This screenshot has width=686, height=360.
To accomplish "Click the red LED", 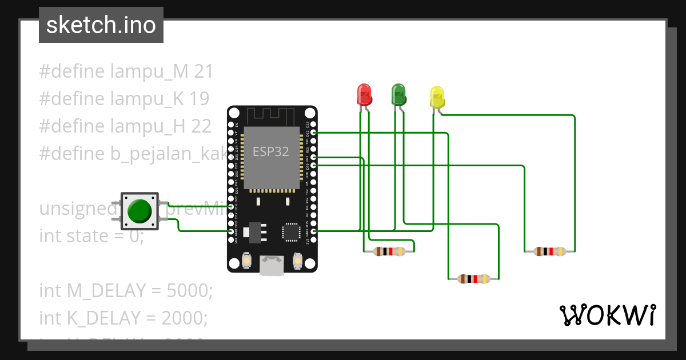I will click(364, 94).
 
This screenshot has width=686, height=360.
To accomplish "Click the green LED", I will click(398, 94).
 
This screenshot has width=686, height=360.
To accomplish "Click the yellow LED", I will click(437, 97).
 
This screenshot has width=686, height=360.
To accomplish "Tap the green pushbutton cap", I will click(139, 210).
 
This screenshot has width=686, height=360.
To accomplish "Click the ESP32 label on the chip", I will click(271, 152).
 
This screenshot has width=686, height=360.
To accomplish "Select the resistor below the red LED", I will click(389, 251).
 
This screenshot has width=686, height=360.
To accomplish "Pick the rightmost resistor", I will click(549, 251).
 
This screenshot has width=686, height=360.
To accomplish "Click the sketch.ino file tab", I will click(101, 26).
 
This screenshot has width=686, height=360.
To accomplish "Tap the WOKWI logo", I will click(607, 315).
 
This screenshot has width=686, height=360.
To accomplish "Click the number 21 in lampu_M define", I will click(204, 72).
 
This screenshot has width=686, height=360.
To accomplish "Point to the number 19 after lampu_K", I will click(200, 99).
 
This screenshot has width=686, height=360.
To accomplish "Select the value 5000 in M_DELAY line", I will click(189, 291).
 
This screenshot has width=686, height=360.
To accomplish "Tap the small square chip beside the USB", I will click(291, 232).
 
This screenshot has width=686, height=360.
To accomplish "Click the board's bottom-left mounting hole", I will click(234, 263).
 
